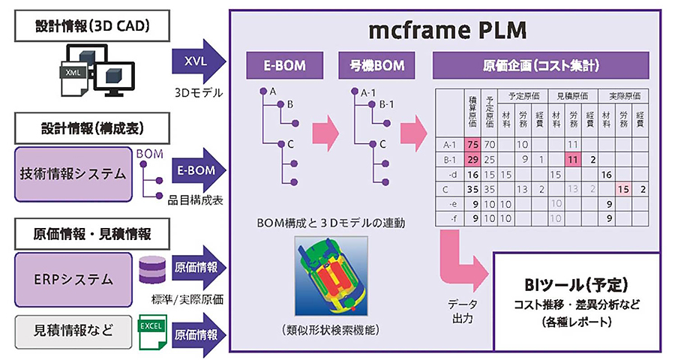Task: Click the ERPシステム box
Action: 71,280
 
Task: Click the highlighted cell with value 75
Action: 472,144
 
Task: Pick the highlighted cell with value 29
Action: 472,159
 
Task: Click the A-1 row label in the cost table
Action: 451,144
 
